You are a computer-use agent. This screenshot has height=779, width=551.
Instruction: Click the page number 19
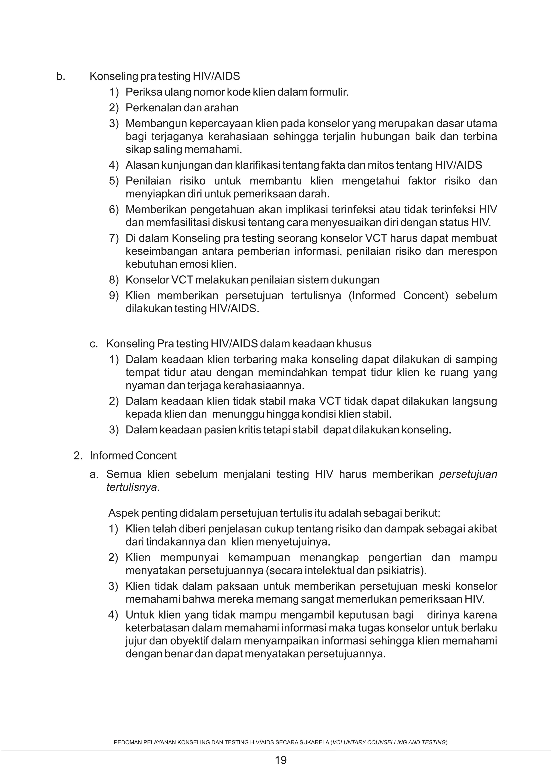pos(281,760)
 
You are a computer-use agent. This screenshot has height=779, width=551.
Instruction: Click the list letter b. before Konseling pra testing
pos(61,77)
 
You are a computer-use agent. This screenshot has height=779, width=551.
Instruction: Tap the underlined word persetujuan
pos(468,474)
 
